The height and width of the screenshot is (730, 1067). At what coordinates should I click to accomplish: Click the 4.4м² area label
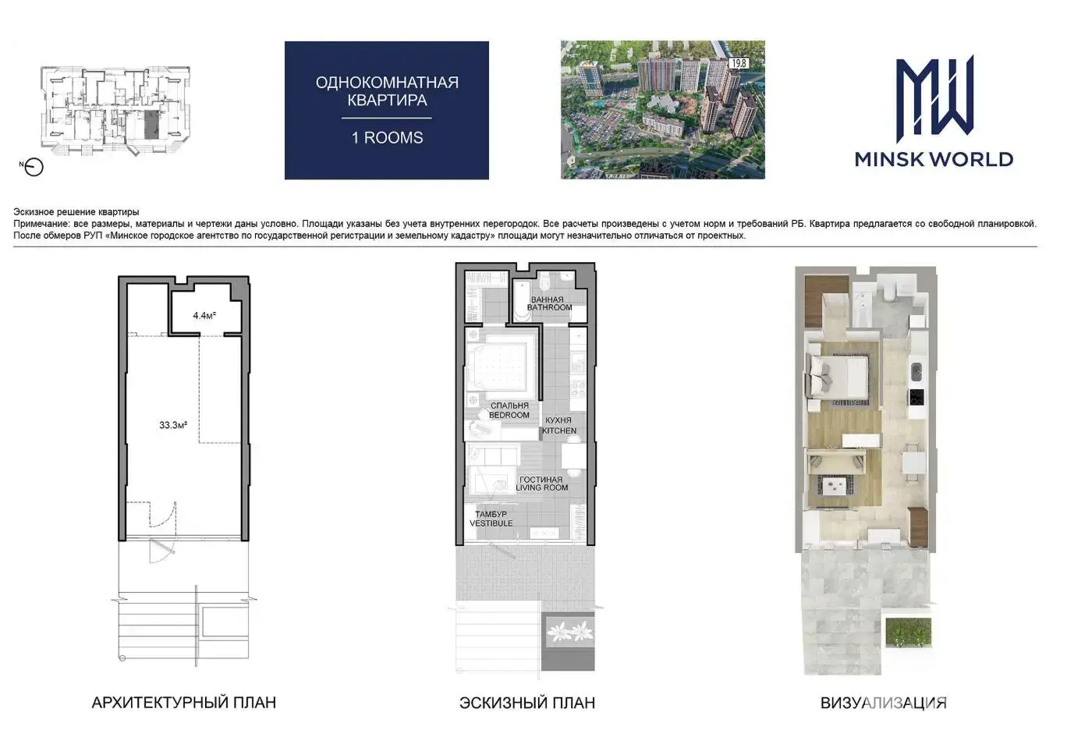(x=204, y=315)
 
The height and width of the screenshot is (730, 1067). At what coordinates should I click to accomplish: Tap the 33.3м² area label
(x=173, y=425)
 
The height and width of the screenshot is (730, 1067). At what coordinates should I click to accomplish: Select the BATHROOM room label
(x=549, y=307)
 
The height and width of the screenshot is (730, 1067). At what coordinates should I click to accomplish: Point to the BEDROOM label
(x=509, y=415)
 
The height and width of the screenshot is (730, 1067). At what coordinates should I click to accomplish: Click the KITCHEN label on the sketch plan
(x=559, y=431)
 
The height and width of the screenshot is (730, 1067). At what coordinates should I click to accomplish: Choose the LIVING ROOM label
(x=542, y=487)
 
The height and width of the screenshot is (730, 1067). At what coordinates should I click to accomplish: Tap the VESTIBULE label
(x=491, y=523)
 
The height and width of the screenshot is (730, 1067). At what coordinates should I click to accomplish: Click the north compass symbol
(x=33, y=167)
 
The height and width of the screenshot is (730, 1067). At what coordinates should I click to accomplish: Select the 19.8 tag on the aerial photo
(x=739, y=63)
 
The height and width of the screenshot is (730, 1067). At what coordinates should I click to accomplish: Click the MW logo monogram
(x=934, y=99)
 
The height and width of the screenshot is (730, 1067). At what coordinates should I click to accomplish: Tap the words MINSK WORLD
(x=934, y=160)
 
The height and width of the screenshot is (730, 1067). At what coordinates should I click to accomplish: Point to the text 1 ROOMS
(x=388, y=137)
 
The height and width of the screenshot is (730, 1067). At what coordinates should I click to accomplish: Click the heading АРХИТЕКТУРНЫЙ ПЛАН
(x=184, y=703)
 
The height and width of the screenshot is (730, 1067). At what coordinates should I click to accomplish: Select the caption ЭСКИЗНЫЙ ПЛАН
(x=527, y=703)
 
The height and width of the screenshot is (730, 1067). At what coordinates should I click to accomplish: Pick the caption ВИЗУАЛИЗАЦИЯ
(x=884, y=703)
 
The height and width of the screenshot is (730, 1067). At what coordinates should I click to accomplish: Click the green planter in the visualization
(x=909, y=633)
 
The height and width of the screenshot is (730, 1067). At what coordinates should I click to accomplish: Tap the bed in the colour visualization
(x=837, y=378)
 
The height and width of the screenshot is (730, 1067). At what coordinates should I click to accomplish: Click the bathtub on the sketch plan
(x=523, y=301)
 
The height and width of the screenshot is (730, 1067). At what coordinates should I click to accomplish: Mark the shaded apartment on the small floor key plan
(x=152, y=125)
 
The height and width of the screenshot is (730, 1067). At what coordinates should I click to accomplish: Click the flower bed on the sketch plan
(x=569, y=632)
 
